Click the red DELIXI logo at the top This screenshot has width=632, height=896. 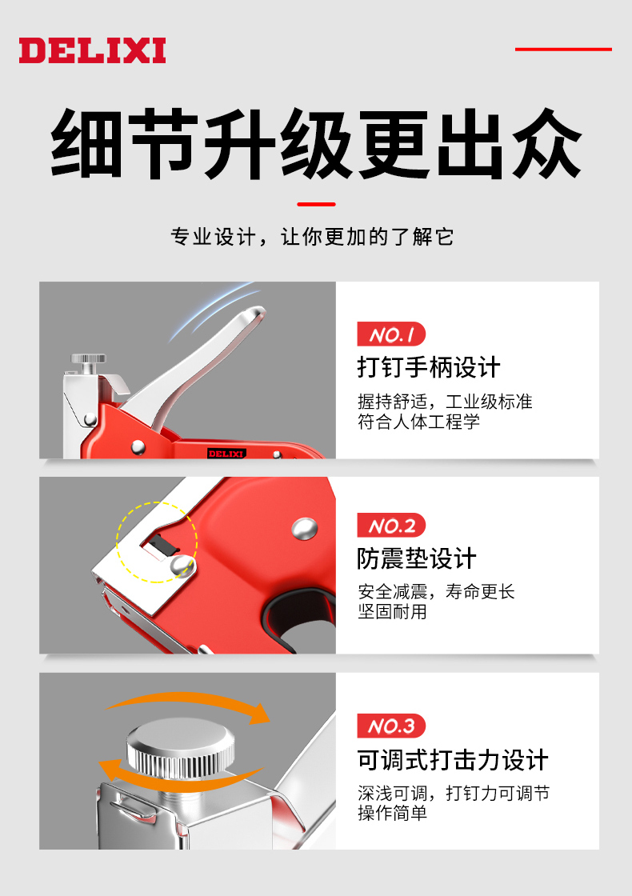coord(92,50)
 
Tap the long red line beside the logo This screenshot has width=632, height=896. coord(563,49)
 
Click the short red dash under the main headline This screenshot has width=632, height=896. coord(316,204)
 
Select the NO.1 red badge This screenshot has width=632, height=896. coord(391,334)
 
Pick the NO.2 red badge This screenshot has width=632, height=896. coord(391,525)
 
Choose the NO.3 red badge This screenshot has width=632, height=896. coord(391,726)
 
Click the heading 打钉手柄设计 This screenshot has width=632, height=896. coord(429,367)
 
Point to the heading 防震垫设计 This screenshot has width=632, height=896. coord(417,558)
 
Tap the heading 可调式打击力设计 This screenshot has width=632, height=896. coord(453,760)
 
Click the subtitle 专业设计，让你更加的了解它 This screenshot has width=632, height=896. coord(313,237)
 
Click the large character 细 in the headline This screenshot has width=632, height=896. coord(86,143)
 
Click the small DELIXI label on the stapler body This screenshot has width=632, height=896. coord(226,454)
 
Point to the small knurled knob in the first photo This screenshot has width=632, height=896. coord(88,359)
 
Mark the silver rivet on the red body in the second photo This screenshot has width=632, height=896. coord(305,529)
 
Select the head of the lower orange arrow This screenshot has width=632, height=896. coord(110,769)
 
